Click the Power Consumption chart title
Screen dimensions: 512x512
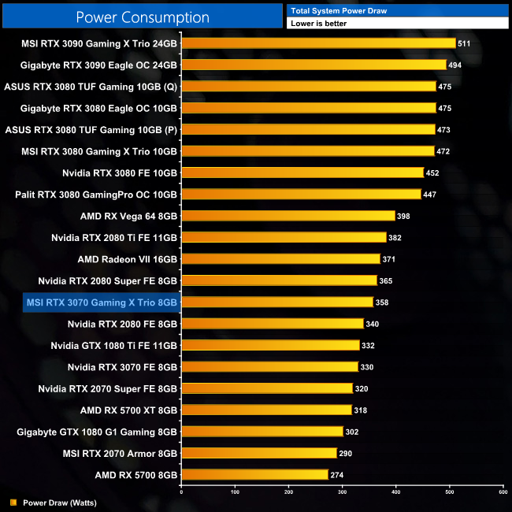click(143, 17)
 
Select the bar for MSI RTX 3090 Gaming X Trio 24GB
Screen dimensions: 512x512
click(318, 43)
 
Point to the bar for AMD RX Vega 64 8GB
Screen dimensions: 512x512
click(288, 216)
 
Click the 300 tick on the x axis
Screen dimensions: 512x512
click(343, 492)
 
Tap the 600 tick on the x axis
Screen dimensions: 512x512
click(503, 492)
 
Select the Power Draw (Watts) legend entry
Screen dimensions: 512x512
click(54, 502)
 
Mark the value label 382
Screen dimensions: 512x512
click(397, 237)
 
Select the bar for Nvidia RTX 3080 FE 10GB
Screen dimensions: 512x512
click(302, 173)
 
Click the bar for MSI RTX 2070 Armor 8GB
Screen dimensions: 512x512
click(259, 453)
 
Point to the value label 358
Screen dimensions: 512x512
click(384, 302)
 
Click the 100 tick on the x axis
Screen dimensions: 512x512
click(235, 492)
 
